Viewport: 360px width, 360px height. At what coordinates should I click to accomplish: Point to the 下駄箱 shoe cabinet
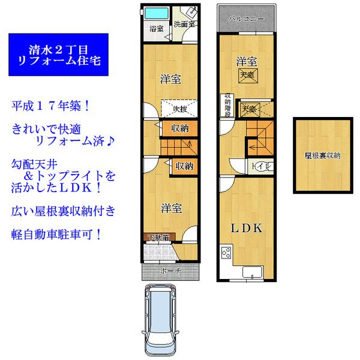coord(159,238)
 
